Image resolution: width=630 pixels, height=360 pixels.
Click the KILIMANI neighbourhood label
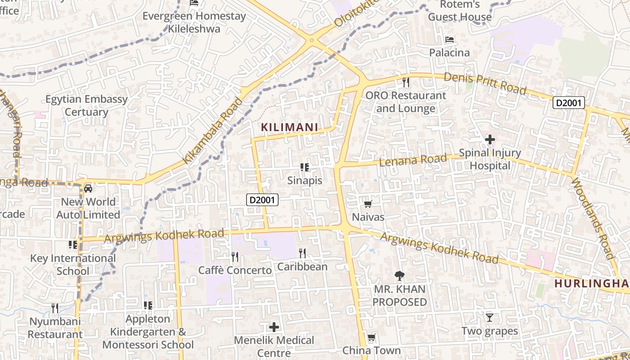290,127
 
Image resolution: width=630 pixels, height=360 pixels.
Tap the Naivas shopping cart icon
368,204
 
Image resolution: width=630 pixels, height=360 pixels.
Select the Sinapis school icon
305,167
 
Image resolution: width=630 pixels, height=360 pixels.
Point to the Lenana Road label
413,159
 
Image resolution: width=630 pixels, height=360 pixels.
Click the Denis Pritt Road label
485,83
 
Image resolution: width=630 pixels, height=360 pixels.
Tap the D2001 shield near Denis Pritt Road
569,103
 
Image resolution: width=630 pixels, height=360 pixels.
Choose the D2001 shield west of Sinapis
262,200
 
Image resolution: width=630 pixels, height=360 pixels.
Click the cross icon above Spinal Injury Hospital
490,140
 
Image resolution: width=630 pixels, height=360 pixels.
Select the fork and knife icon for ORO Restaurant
406,82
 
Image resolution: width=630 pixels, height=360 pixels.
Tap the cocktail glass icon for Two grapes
490,318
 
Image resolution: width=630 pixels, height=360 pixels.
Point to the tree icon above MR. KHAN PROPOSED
399,275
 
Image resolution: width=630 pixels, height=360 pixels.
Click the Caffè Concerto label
235,270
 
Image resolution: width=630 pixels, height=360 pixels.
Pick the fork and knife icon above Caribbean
302,253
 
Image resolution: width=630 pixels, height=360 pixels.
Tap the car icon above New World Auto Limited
88,188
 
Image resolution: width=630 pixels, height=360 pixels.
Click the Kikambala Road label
212,130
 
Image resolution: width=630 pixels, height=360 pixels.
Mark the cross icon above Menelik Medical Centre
274,327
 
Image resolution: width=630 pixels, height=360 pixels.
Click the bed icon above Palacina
449,40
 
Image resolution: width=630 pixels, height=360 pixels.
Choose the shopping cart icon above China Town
372,337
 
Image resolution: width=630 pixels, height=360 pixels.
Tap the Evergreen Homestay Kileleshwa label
194,22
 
